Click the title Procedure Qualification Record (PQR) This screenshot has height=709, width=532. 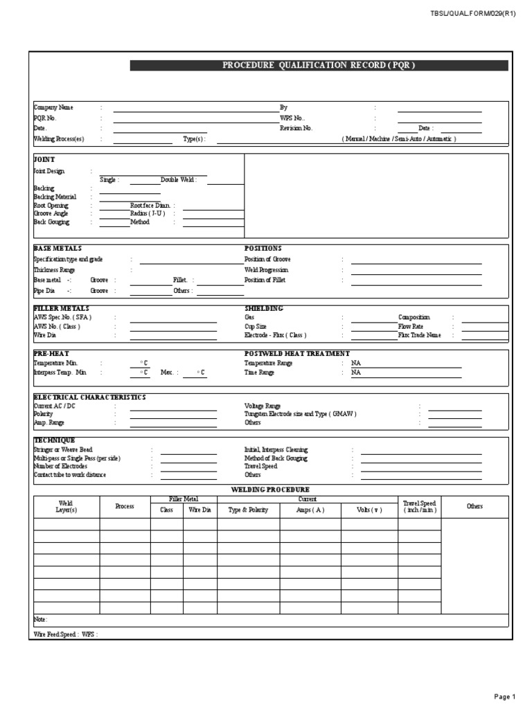coord(319,66)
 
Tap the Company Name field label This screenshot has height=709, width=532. coord(53,108)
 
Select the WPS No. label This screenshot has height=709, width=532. coord(292,118)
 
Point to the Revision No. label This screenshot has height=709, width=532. coord(296,128)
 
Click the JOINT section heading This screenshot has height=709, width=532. coord(44,159)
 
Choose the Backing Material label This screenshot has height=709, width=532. coord(55,197)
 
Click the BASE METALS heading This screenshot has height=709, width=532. coord(57,248)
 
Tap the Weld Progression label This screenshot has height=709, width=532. coord(266,269)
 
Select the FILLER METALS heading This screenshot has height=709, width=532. coord(61,308)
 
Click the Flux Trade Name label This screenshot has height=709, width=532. coord(419,335)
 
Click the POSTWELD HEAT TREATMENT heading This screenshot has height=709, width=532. coord(296,353)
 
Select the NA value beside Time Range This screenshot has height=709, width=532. coord(356,373)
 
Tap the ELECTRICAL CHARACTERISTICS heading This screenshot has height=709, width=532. coord(89,397)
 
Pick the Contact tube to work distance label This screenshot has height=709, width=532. coord(70,475)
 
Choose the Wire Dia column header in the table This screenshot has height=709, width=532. coord(199,510)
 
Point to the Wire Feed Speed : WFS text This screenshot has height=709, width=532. coord(65,634)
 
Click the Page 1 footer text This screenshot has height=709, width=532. coord(504,697)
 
